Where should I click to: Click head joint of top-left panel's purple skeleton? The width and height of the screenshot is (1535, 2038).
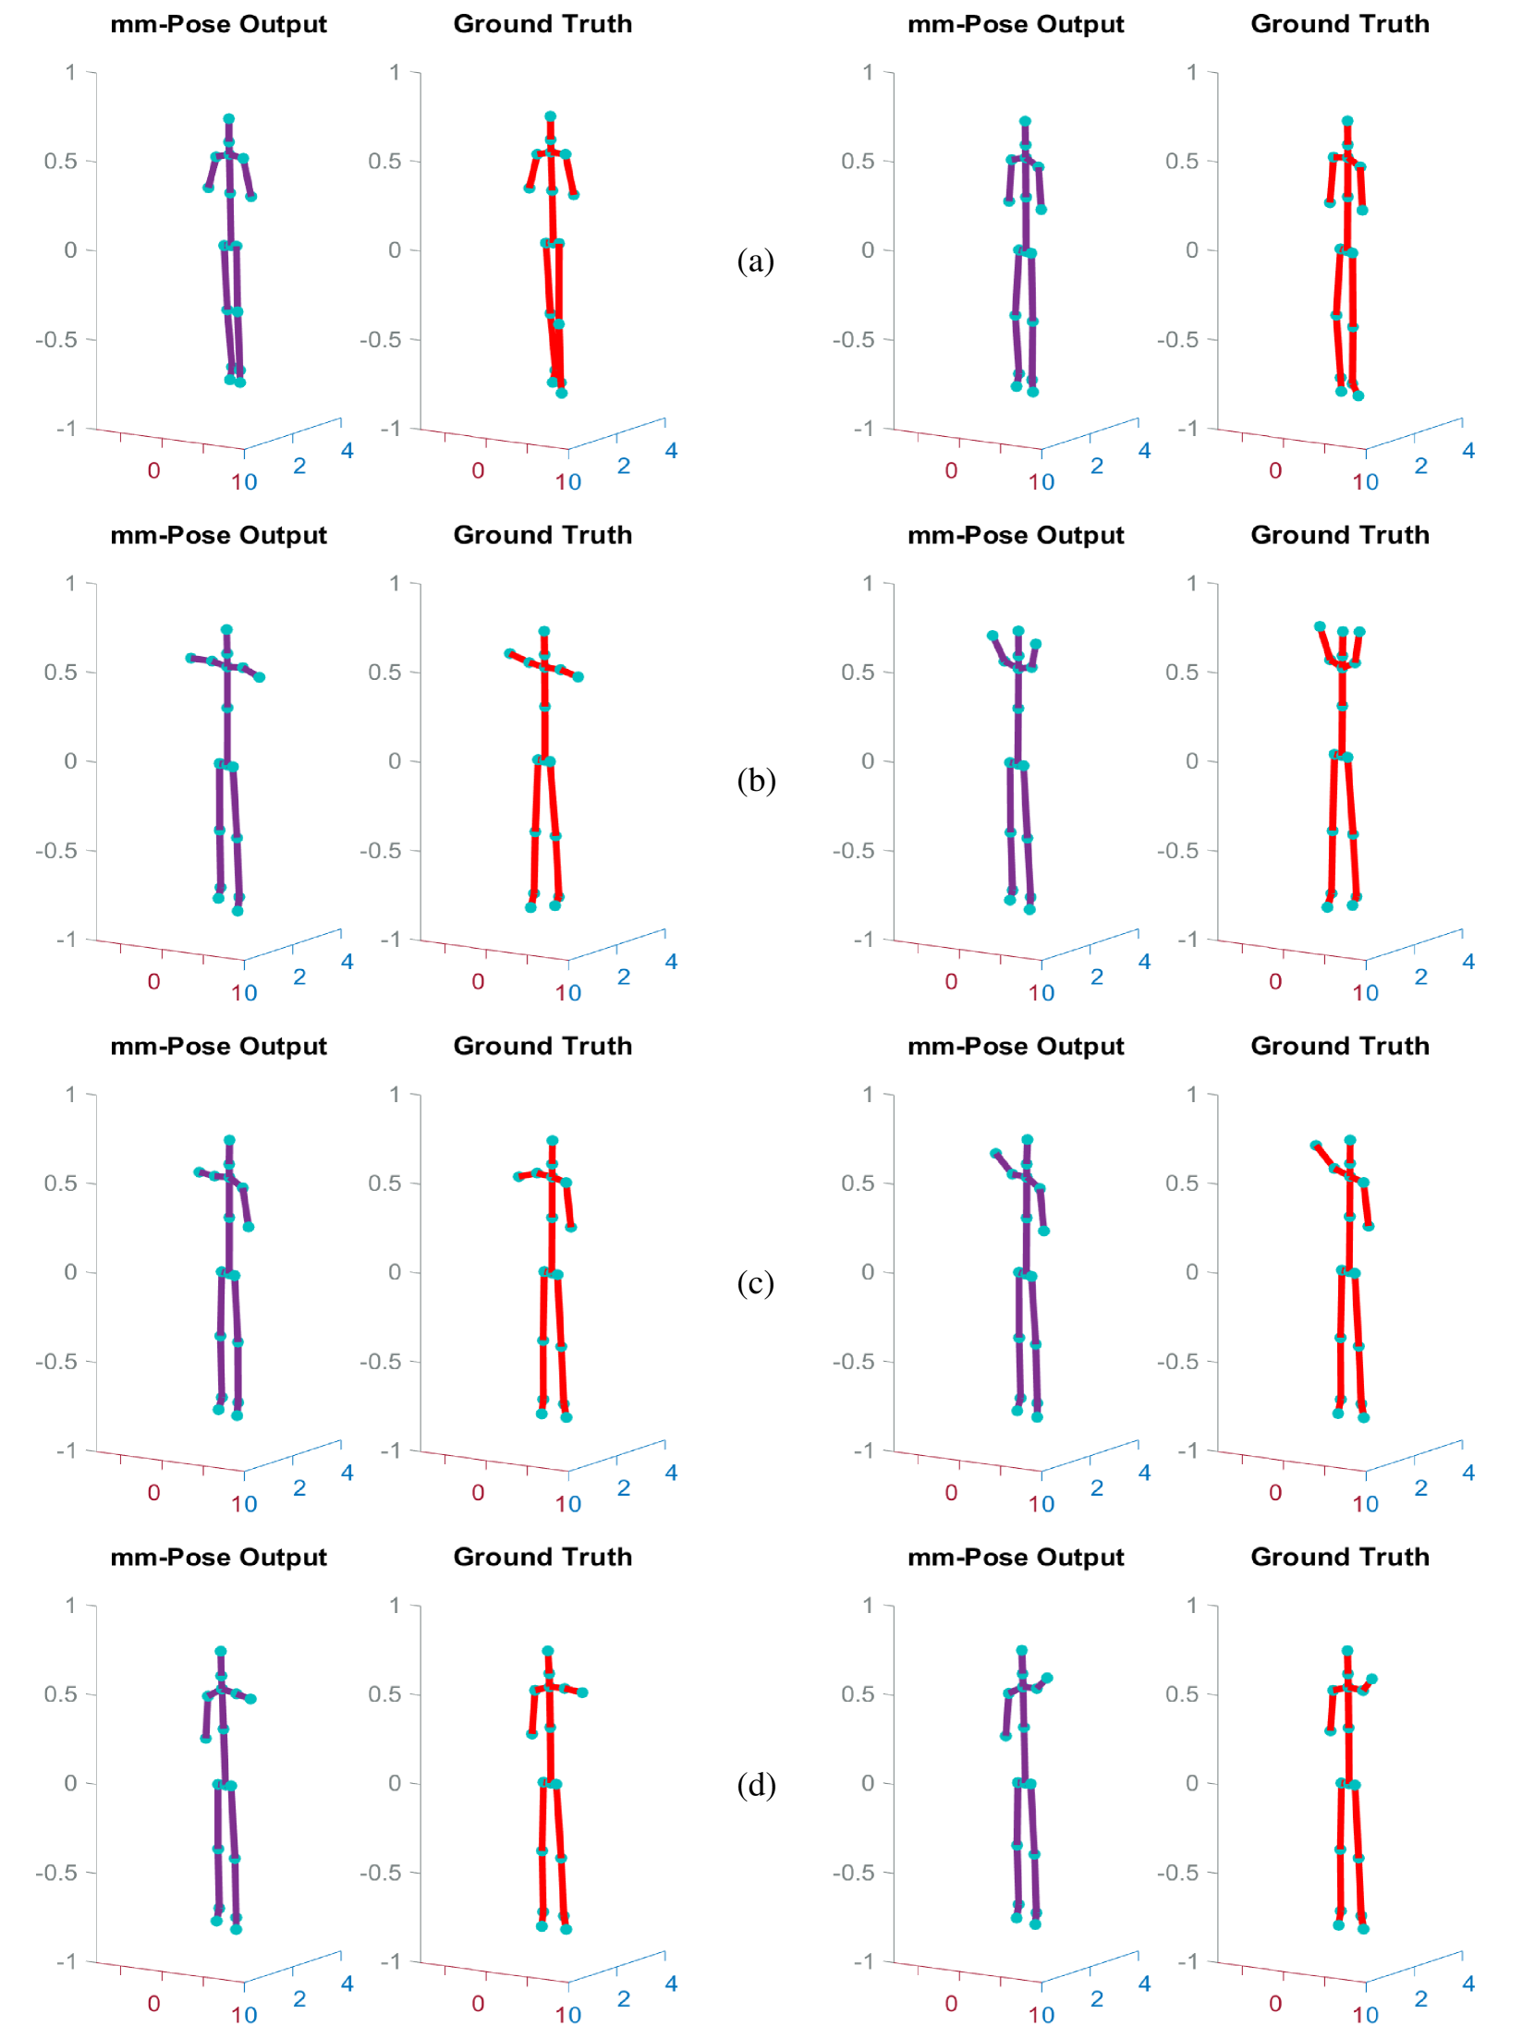[229, 119]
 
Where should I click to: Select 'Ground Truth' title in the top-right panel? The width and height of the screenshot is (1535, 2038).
[1339, 24]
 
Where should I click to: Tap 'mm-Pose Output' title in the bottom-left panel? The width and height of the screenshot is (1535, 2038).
[218, 1557]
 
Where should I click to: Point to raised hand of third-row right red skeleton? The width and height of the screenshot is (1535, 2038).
[1315, 1146]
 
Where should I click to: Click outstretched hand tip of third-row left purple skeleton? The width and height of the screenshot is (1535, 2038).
[198, 1171]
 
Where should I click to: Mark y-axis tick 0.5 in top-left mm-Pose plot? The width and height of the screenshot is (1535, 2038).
[61, 161]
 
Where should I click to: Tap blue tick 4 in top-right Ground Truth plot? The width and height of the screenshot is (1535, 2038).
[1468, 451]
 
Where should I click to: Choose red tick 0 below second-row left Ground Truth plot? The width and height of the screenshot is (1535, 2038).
[478, 981]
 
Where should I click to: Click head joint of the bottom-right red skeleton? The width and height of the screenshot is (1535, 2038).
[1347, 1651]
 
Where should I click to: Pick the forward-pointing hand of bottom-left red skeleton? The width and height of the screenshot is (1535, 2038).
[582, 1692]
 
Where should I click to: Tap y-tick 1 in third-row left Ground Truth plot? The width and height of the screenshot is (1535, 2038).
[395, 1094]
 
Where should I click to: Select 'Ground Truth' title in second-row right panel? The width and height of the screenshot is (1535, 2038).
[1339, 535]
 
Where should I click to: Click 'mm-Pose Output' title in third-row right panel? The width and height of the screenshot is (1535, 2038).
[1016, 1046]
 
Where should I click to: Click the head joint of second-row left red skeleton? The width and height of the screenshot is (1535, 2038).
[544, 632]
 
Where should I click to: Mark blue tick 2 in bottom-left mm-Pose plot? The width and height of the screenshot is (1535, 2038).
[299, 1998]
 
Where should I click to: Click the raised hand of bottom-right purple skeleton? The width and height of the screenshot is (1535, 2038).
[1047, 1678]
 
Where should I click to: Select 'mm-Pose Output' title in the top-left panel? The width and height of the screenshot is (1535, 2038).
[218, 24]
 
